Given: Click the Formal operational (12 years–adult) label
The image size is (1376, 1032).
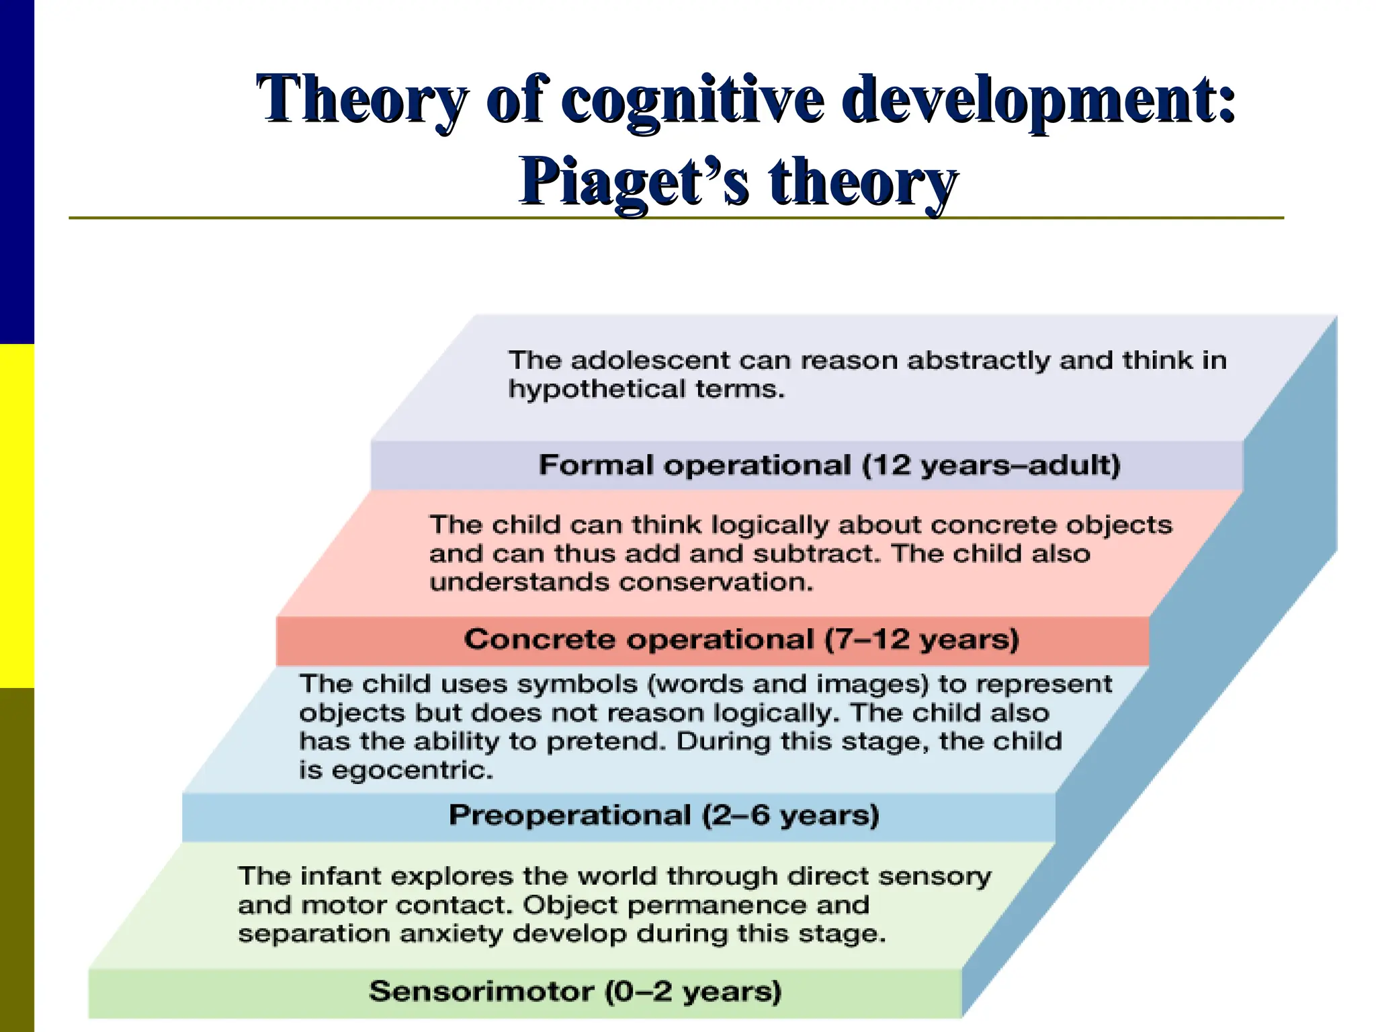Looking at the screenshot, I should click(x=829, y=465).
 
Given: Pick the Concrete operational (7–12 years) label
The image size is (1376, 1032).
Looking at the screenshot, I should click(x=741, y=639).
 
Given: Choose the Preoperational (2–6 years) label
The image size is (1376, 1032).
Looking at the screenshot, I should click(x=664, y=815).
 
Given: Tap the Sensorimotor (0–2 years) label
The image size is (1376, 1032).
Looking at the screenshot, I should click(x=575, y=992).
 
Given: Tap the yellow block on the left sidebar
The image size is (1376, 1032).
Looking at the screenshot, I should click(x=17, y=515).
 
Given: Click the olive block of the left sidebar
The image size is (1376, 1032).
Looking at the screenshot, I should click(x=17, y=860).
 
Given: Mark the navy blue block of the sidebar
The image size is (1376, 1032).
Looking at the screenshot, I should click(x=17, y=171).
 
